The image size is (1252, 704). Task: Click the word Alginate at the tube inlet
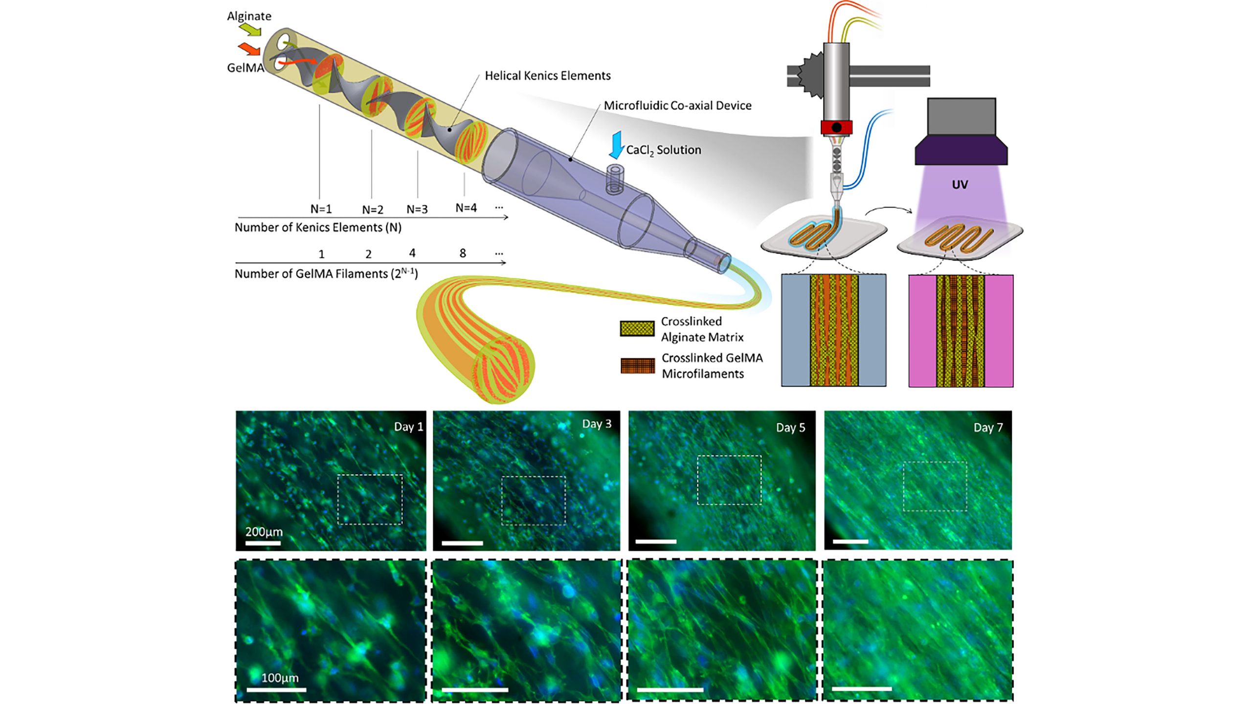249,16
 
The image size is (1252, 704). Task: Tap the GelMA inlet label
246,68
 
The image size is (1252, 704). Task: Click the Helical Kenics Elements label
547,76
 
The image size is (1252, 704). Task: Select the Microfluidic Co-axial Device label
677,106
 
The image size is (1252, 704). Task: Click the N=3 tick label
417,210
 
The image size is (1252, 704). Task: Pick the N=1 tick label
321,209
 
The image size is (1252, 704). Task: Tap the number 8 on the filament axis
463,253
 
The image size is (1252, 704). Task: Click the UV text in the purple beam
960,185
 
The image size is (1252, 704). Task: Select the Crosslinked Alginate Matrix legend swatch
637,329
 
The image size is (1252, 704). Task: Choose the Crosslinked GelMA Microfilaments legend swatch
638,366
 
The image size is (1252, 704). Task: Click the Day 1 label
408,427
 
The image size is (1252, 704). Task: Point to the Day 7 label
988,428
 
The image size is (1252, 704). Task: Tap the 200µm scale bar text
264,532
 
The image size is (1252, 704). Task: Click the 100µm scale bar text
280,678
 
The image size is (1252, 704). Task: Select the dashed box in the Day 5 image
729,480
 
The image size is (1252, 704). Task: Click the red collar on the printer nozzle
836,128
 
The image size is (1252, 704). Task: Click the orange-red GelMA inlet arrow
249,49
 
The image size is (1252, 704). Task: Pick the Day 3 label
597,424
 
